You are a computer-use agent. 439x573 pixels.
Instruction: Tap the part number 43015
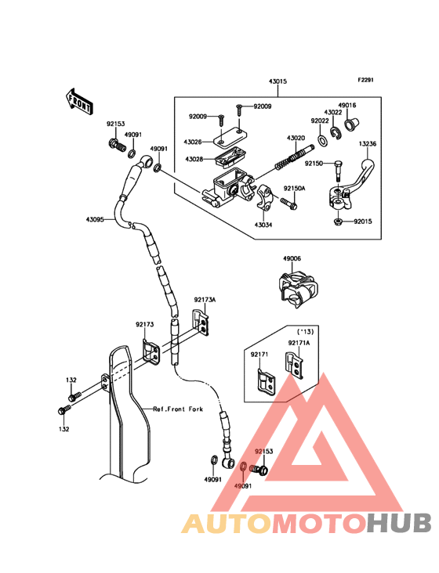coord(278,81)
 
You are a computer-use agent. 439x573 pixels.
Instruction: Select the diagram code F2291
coord(365,80)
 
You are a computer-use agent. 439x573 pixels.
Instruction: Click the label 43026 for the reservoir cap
coord(193,142)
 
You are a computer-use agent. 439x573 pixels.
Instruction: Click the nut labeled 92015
coord(338,222)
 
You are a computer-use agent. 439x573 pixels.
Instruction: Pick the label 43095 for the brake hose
coord(95,220)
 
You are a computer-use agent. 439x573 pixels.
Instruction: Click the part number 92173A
coord(205,300)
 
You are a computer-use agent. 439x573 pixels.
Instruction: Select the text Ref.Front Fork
coord(178,409)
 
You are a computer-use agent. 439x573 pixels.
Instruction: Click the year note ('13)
coord(305,332)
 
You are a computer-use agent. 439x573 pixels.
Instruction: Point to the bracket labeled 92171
coord(267,382)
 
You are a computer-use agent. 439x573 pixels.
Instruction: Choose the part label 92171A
coord(299,343)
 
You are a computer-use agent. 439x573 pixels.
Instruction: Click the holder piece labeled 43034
coord(264,197)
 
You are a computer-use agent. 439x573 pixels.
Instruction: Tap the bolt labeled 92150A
coord(289,204)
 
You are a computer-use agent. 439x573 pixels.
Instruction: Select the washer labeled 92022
coord(323,140)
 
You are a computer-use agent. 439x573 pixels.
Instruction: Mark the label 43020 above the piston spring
coord(296,138)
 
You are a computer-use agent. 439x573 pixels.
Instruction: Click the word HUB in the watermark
coord(400,524)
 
